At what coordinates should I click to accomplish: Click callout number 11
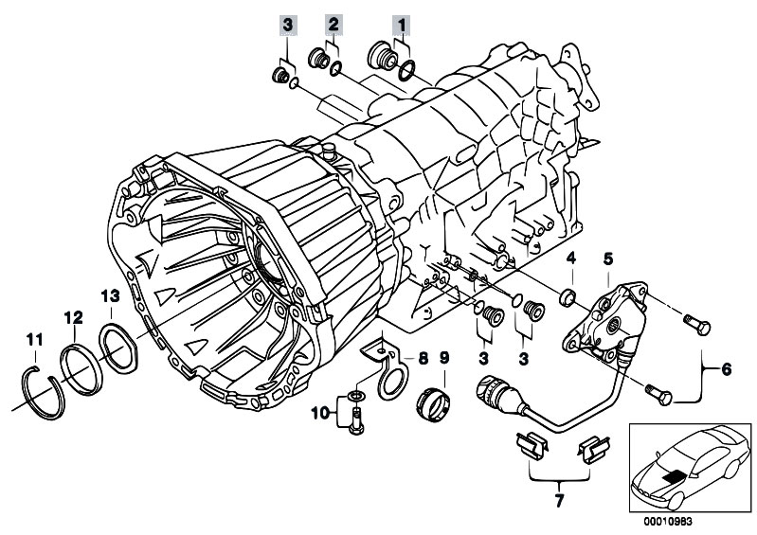pos(35,339)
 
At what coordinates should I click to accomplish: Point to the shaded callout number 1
pos(404,22)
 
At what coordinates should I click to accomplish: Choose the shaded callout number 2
pos(333,22)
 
